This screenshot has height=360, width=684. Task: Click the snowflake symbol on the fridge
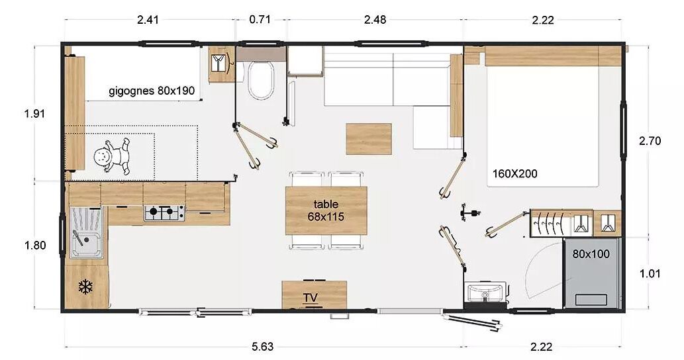click(86, 287)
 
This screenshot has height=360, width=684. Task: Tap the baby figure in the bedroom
click(112, 156)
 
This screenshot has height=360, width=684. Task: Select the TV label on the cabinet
click(311, 298)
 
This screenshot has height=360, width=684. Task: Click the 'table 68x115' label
click(326, 210)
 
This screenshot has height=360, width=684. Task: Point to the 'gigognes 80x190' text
click(152, 91)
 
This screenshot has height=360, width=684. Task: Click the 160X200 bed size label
click(514, 174)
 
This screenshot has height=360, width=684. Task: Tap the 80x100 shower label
click(591, 253)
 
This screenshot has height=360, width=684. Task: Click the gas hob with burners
click(164, 212)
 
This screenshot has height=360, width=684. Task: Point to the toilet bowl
click(261, 80)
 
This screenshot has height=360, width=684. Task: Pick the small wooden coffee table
click(369, 139)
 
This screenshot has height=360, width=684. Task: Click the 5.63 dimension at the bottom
click(263, 347)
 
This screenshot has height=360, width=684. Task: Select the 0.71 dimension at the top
click(260, 20)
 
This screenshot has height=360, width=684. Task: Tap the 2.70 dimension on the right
click(650, 141)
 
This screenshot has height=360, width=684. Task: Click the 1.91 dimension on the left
click(34, 114)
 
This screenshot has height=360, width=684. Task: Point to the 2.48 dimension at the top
click(375, 20)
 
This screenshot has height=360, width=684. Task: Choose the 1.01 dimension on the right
click(650, 274)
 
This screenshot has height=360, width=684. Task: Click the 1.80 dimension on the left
click(35, 246)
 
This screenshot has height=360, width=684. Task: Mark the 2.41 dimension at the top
click(148, 20)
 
